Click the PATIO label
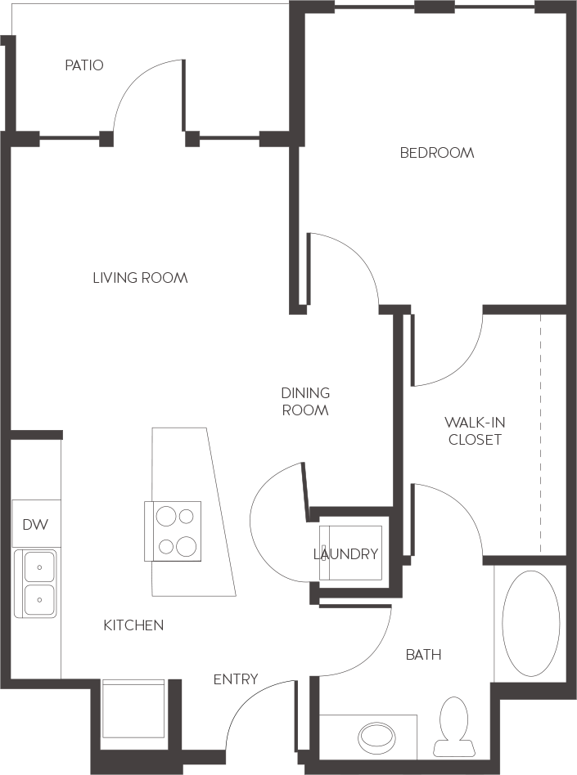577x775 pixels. tap(84, 65)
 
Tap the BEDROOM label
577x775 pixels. tap(437, 153)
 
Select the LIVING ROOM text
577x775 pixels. tap(140, 278)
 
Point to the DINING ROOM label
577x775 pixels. tap(305, 401)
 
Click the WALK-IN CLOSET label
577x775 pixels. tap(473, 431)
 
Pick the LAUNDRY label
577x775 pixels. tap(346, 554)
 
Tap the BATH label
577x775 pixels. tap(423, 654)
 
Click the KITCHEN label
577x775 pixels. tap(133, 625)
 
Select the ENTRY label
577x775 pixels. tap(236, 679)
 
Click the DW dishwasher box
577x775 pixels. tap(35, 524)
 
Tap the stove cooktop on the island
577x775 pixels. tap(173, 531)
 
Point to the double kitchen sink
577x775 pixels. tap(36, 582)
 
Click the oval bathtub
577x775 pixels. tap(530, 623)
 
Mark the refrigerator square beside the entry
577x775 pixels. tap(133, 710)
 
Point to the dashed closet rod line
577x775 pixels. tap(540, 433)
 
